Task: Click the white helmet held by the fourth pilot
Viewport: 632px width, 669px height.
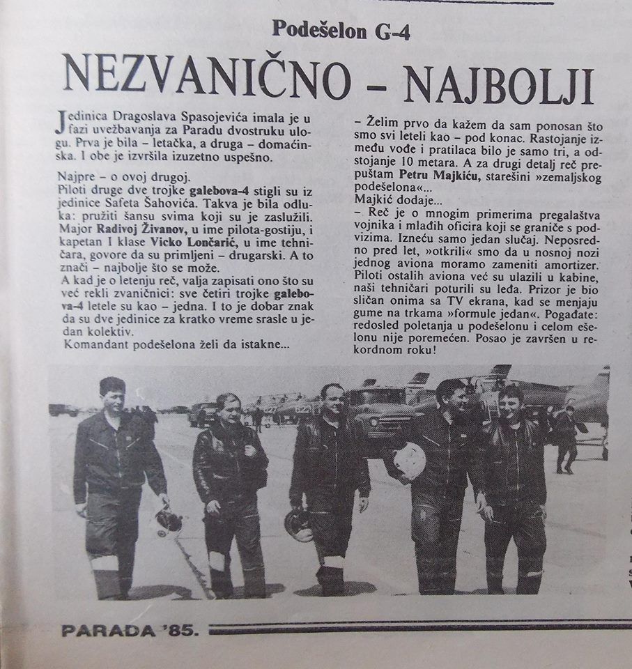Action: pos(407,461)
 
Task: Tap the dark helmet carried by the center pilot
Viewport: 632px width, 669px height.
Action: pos(300,525)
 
